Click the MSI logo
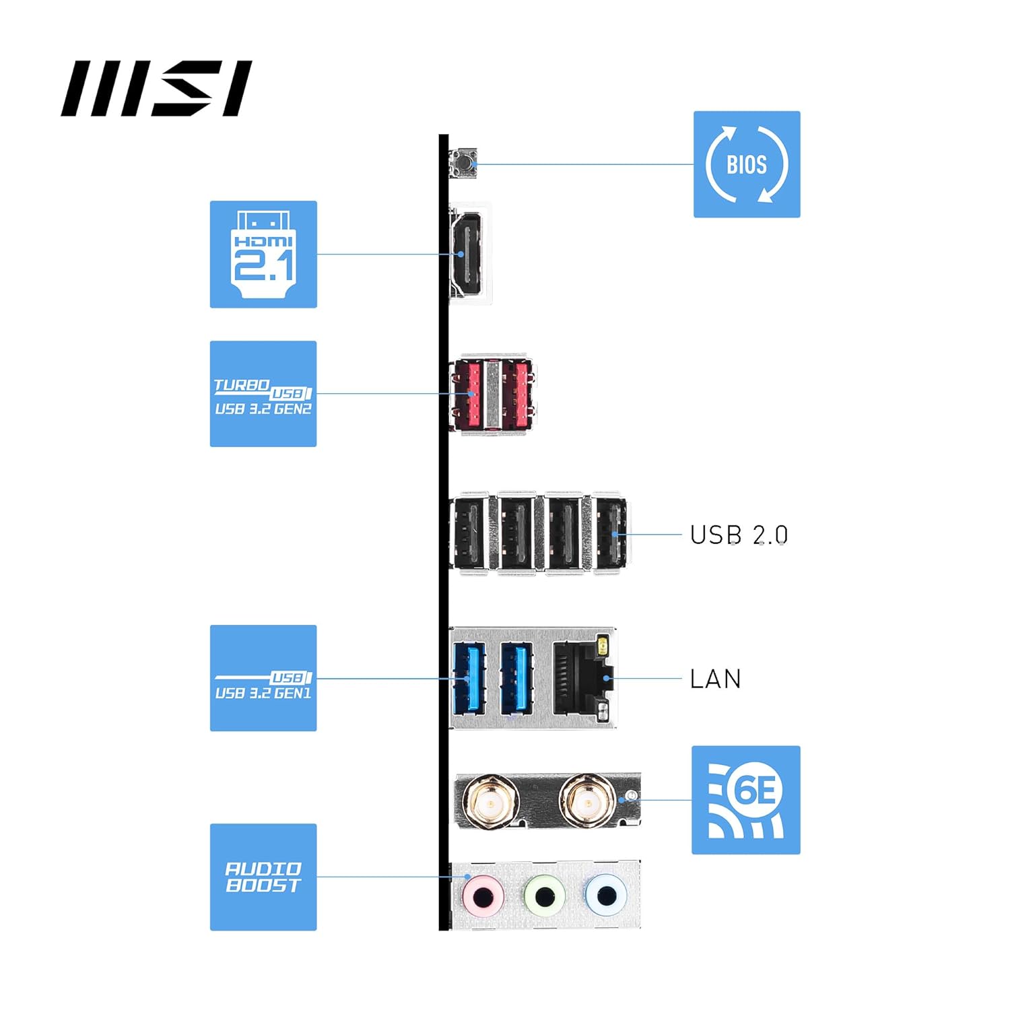click(156, 88)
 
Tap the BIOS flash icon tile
click(747, 164)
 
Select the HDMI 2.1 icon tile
click(263, 255)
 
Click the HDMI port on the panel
click(467, 254)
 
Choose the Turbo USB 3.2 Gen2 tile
click(263, 394)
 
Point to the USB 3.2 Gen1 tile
click(263, 678)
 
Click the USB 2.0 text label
click(739, 535)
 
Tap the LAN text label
click(715, 679)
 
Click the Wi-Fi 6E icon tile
click(746, 800)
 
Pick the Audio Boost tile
click(263, 877)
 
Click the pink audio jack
click(483, 896)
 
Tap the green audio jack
click(544, 896)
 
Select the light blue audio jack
click(606, 896)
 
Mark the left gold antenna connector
click(491, 802)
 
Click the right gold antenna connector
click(587, 802)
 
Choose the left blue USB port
click(469, 678)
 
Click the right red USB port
click(517, 394)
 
